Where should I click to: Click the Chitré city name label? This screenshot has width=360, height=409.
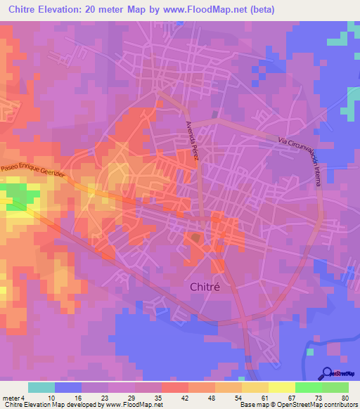pyautogui.click(x=209, y=287)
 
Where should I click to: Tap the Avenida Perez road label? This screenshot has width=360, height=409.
pyautogui.click(x=193, y=141)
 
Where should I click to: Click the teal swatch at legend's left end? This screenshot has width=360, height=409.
pyautogui.click(x=41, y=387)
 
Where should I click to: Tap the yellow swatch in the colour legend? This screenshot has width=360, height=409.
pyautogui.click(x=281, y=387)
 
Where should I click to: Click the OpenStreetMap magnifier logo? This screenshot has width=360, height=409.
pyautogui.click(x=326, y=373)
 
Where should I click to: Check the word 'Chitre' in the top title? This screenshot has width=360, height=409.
pyautogui.click(x=26, y=10)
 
